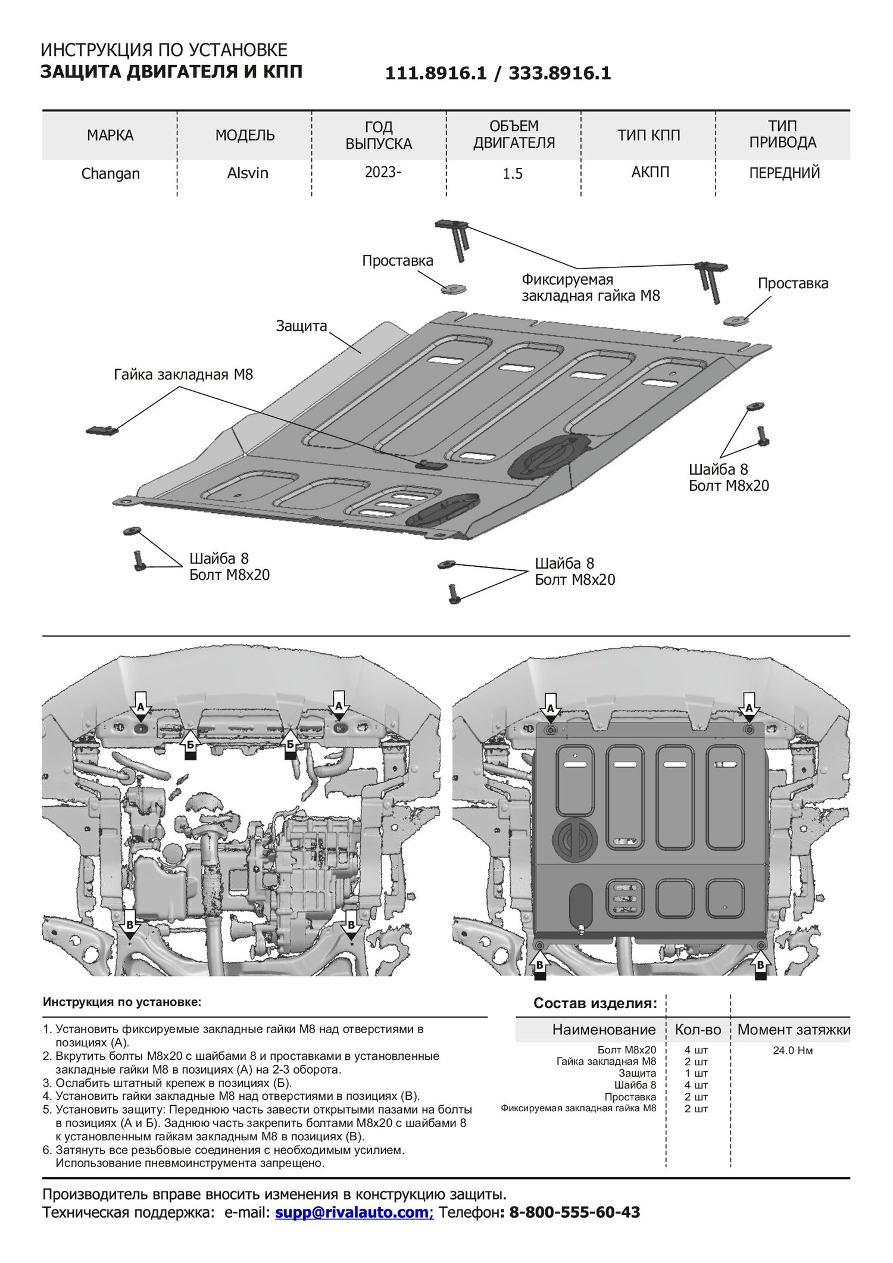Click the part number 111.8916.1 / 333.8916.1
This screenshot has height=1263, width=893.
(x=498, y=73)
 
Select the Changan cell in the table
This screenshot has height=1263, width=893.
(x=110, y=174)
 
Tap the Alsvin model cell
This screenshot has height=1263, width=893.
(x=248, y=173)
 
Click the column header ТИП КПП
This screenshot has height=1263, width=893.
(x=648, y=135)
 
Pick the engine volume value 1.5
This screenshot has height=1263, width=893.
(x=513, y=174)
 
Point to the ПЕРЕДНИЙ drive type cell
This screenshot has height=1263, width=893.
(x=784, y=173)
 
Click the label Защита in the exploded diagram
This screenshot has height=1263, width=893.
(x=301, y=326)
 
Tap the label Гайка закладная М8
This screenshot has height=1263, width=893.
(x=183, y=375)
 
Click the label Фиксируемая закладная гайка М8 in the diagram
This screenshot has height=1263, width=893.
(x=591, y=288)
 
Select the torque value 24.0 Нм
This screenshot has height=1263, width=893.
(x=792, y=1050)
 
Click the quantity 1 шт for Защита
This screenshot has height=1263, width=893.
(x=696, y=1073)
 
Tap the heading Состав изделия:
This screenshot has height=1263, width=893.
(x=595, y=1003)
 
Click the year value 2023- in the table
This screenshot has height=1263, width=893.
(x=383, y=173)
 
